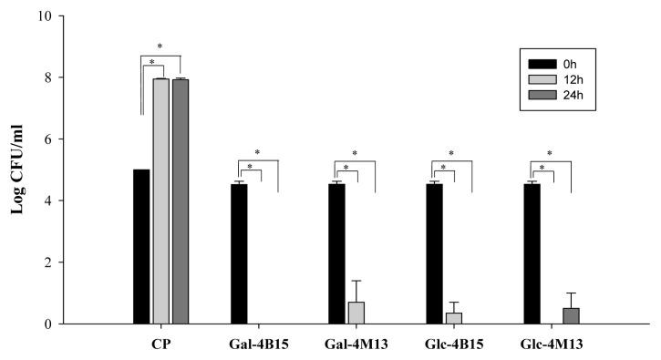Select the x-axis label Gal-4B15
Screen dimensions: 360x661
pyautogui.click(x=259, y=346)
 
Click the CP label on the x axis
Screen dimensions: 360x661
pyautogui.click(x=160, y=346)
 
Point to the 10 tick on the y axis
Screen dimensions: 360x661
pyautogui.click(x=57, y=15)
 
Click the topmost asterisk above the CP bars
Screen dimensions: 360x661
pyautogui.click(x=161, y=46)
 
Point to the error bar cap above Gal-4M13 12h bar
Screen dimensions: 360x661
pyautogui.click(x=356, y=281)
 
